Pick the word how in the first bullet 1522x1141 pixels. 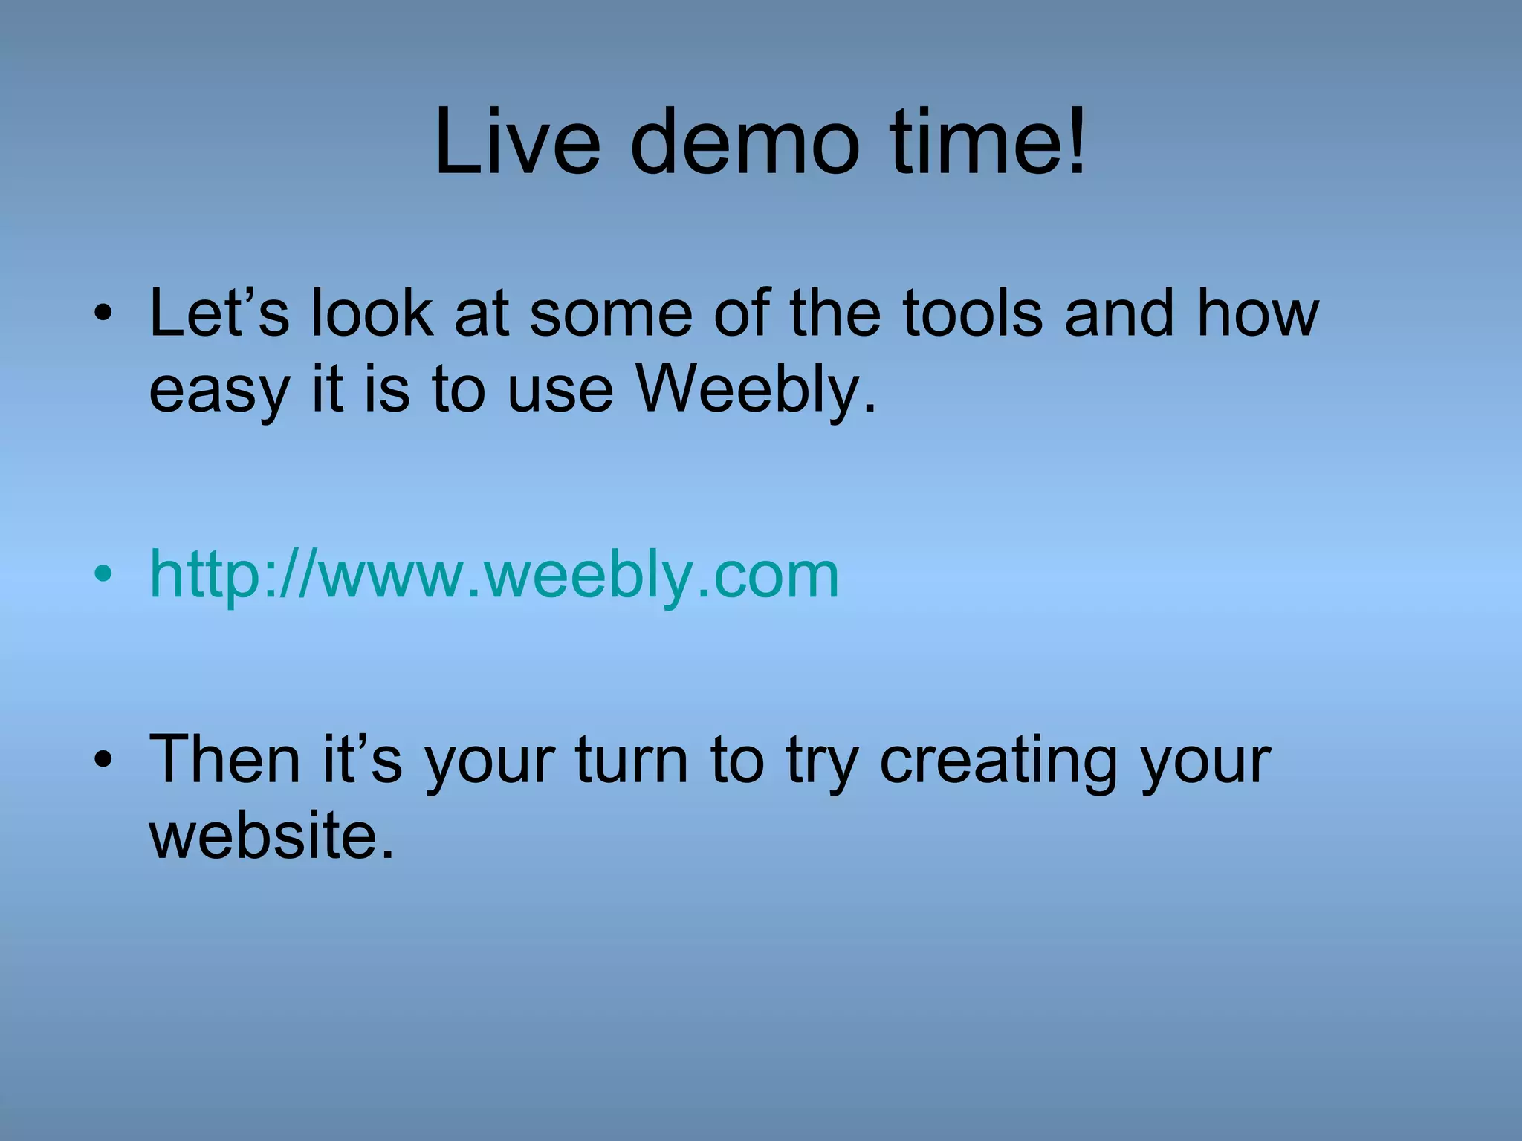click(1257, 313)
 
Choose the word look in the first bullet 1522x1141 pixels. click(371, 313)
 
